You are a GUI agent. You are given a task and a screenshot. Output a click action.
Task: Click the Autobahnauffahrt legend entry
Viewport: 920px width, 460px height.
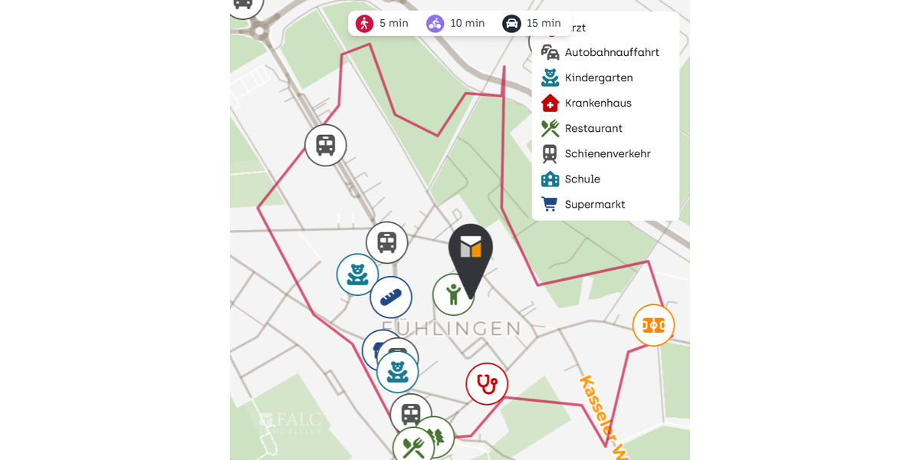pos(612,52)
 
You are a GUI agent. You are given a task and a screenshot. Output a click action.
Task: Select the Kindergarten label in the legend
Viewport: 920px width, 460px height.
pos(599,77)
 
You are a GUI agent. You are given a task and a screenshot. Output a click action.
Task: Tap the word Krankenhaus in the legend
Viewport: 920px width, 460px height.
pos(598,103)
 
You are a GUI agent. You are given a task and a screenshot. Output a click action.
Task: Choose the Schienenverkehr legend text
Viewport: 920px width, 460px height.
pos(607,153)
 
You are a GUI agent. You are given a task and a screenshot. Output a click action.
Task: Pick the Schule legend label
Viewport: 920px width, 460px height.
pos(583,179)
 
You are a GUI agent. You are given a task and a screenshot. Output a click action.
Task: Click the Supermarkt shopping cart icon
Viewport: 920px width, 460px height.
pos(550,204)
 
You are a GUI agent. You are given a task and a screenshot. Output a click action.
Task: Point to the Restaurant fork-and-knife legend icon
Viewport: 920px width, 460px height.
pos(550,128)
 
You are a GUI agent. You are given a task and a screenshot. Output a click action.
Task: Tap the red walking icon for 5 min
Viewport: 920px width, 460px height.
pos(364,23)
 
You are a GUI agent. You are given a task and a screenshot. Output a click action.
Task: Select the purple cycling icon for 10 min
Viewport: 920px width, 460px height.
pos(435,23)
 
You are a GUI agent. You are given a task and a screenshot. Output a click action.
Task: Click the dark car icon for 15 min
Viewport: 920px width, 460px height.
pos(511,23)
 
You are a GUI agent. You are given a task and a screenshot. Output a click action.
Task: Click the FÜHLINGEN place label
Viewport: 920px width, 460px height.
pos(451,329)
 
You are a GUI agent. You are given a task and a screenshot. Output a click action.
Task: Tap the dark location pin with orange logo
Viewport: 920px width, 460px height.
pos(471,253)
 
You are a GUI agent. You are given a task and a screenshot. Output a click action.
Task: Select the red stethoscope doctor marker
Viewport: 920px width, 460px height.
pos(487,383)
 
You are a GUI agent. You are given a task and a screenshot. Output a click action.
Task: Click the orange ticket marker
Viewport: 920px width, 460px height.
pos(653,325)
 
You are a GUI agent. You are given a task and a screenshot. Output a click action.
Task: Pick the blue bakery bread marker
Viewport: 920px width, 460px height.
pos(391,297)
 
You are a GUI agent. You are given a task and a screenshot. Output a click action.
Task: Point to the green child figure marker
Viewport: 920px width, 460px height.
pos(452,295)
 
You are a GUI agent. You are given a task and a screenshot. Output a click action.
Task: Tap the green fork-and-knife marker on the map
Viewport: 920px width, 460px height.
pos(413,446)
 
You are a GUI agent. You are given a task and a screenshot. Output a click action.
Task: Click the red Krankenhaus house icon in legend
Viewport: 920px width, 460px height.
pos(550,103)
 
